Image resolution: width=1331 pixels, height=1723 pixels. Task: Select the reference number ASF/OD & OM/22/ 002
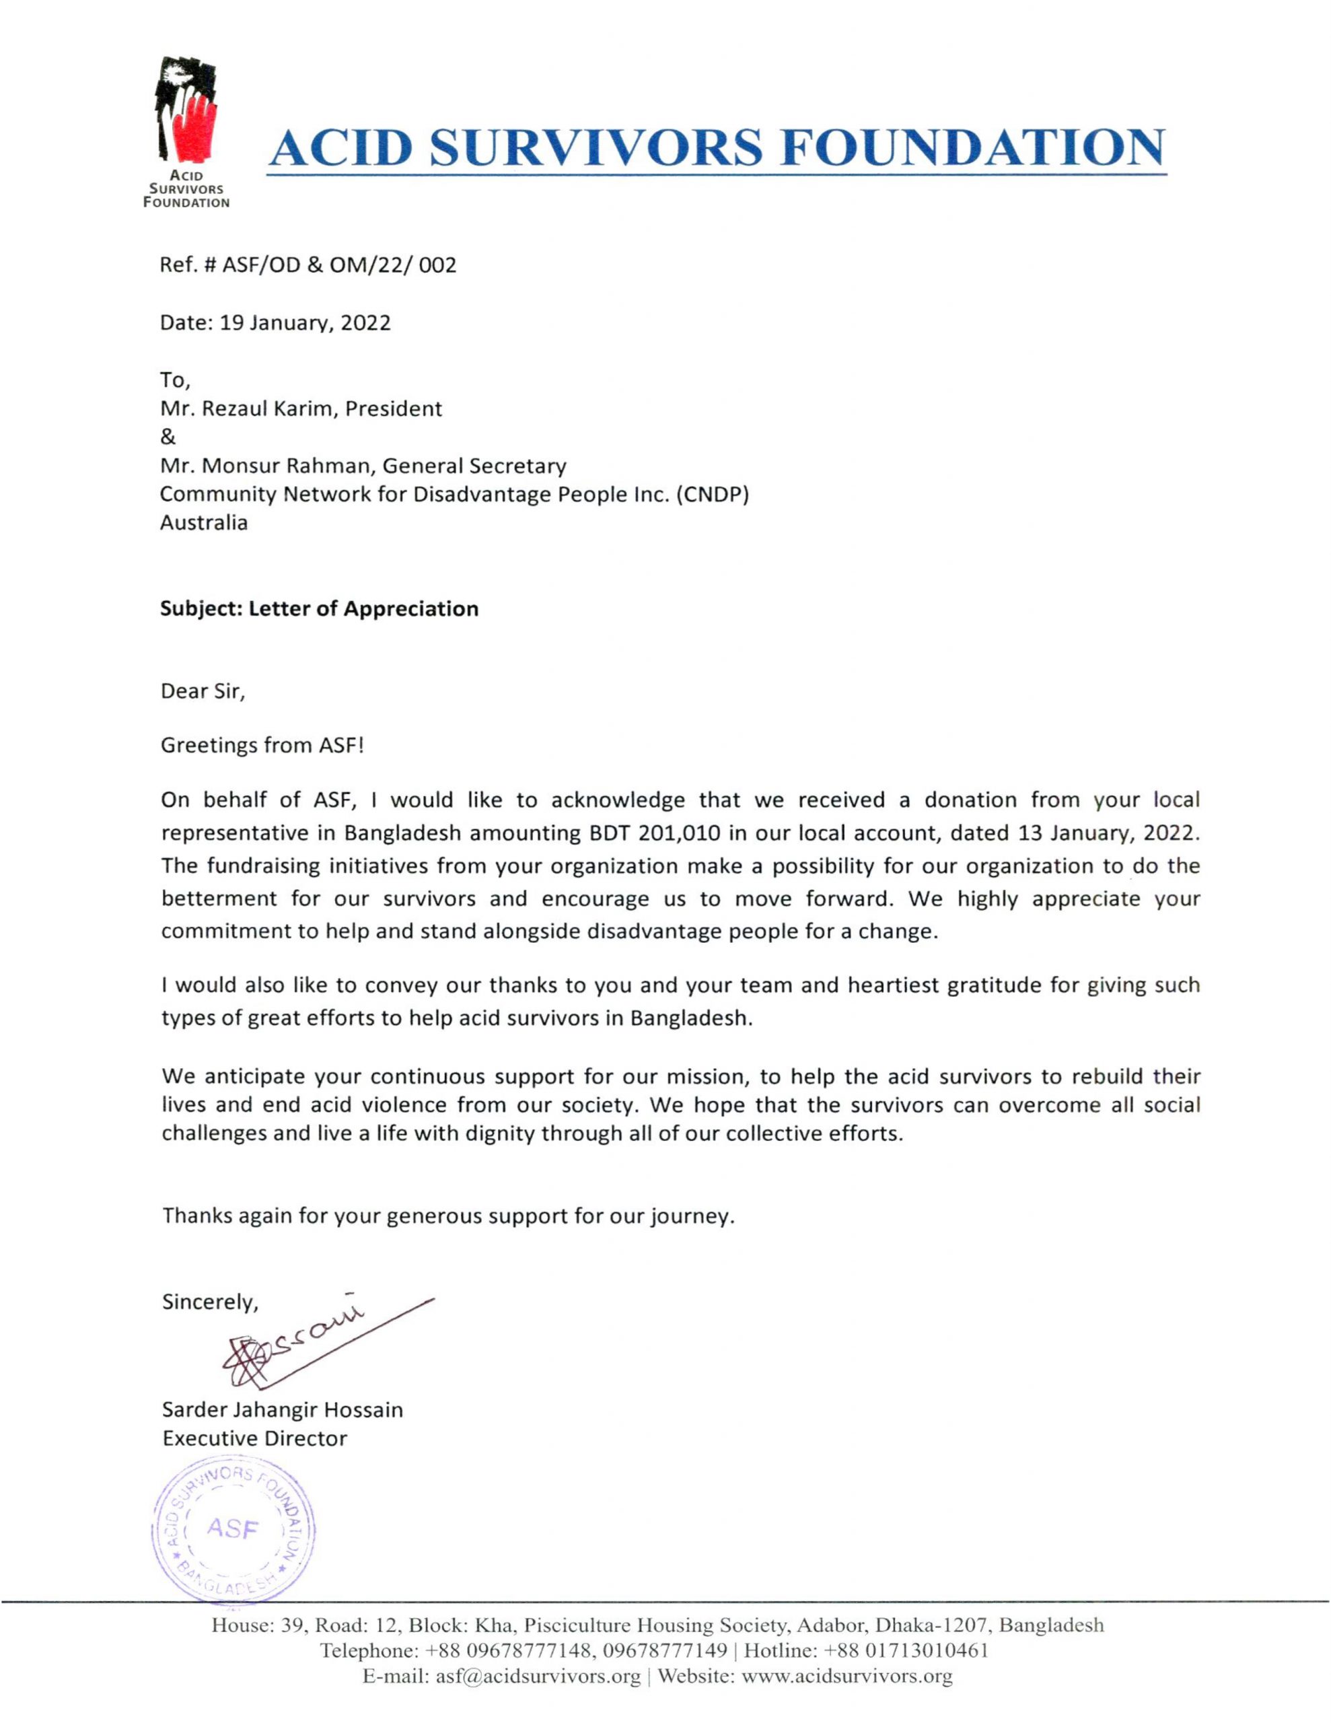point(339,265)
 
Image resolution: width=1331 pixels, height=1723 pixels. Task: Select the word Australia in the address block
point(204,523)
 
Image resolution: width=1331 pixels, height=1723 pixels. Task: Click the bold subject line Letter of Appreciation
point(363,609)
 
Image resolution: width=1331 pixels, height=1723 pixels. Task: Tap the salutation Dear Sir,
point(203,692)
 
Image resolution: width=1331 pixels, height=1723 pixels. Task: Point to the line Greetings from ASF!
point(262,746)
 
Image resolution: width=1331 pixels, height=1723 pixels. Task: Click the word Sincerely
point(209,1302)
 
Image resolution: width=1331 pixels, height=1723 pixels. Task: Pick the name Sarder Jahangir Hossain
point(282,1410)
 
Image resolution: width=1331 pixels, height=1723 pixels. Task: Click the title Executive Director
point(254,1439)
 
